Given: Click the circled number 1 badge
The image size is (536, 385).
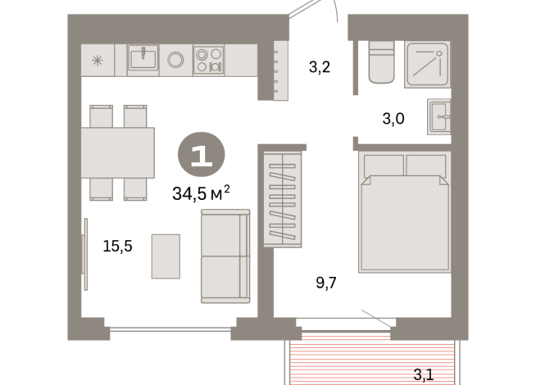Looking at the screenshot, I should pos(201,155).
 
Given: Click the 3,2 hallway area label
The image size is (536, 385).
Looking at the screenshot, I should pos(319,67).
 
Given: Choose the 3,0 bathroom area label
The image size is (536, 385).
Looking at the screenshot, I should pos(393,118).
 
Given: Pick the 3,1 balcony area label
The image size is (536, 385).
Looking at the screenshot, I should pos(423,375).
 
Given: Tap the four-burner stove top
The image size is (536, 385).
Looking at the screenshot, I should pos(208,60).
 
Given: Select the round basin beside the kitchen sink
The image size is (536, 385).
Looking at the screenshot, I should pos(175,59).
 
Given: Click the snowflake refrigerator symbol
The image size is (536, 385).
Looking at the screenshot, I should pos(98,60).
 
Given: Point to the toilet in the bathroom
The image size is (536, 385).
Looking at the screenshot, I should pos(383,63).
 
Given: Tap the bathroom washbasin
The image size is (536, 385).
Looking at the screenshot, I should pos(438,116).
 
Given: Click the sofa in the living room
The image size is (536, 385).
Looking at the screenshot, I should pos(225,255).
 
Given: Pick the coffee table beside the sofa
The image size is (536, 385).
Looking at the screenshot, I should pos(165,256).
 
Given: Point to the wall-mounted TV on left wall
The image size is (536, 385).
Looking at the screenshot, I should pos(84,254).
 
